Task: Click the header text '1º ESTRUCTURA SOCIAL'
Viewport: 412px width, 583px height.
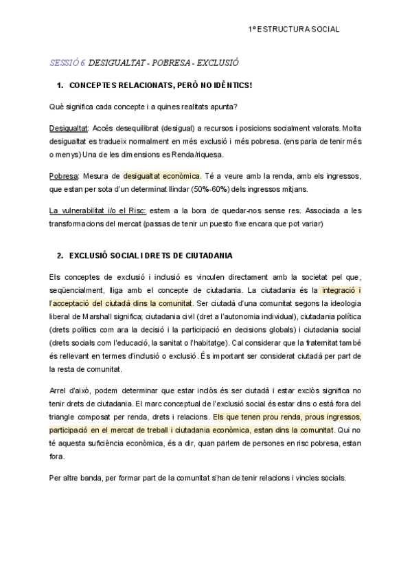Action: pyautogui.click(x=293, y=30)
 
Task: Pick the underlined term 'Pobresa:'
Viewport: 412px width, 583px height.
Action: pyautogui.click(x=65, y=176)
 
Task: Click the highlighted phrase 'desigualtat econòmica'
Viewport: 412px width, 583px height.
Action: pyautogui.click(x=161, y=176)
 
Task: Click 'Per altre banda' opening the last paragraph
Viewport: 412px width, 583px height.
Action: pyautogui.click(x=76, y=478)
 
